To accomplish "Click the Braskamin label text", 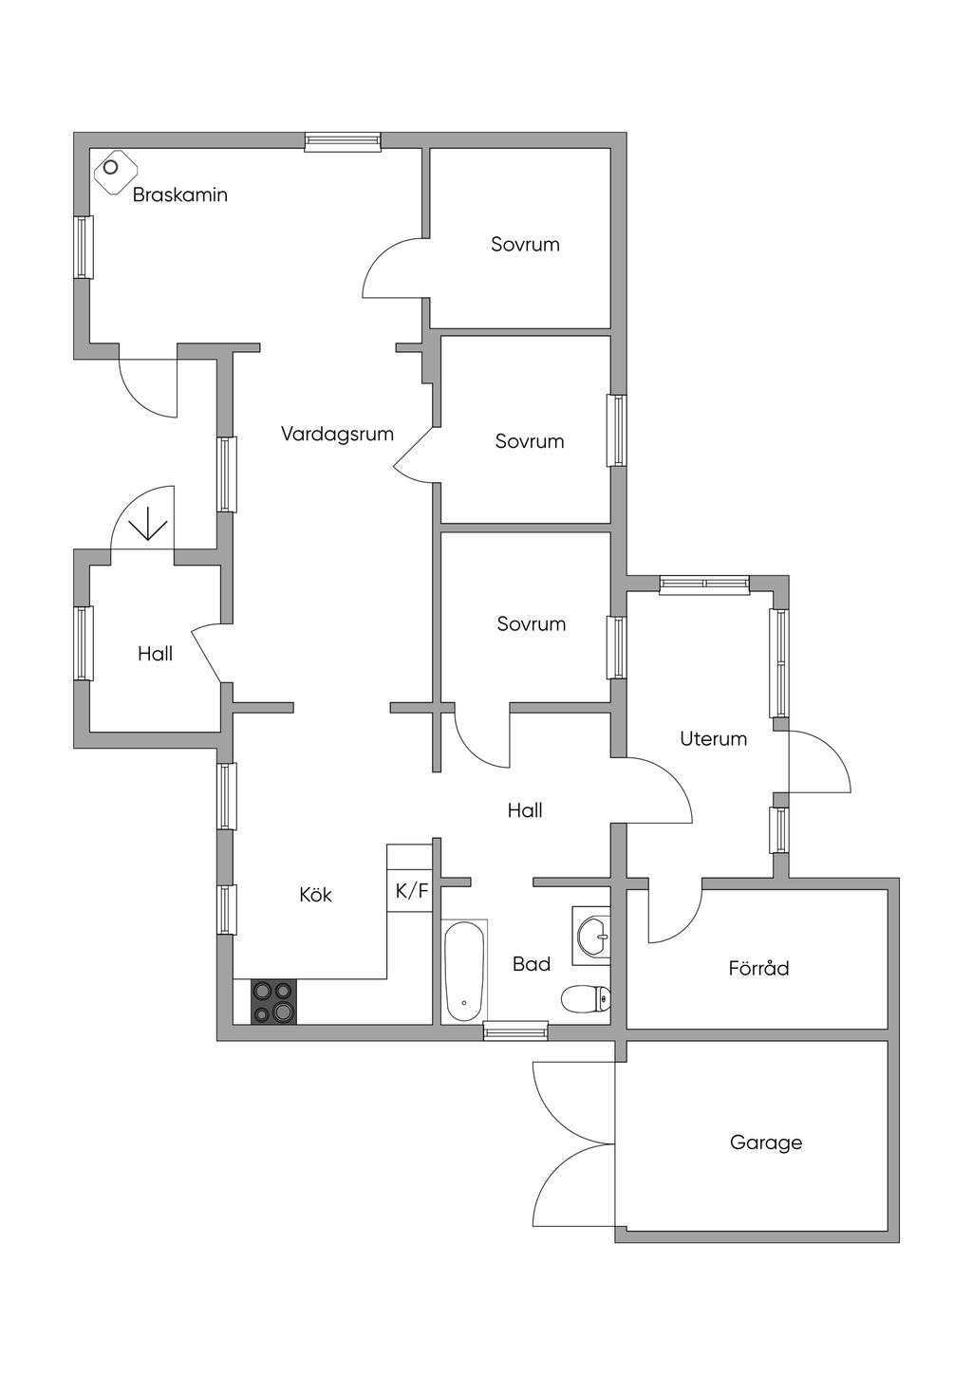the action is [179, 195].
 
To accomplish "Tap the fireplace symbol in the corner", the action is [113, 170].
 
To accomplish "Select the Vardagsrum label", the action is [337, 435].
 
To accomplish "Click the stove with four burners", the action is [273, 1002].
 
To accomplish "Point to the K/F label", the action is [412, 891].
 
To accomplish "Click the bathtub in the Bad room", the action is [464, 970].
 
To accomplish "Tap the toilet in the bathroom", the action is [586, 998].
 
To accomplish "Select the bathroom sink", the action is [593, 934].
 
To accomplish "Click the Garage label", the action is [765, 1142].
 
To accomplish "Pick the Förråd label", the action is [758, 969].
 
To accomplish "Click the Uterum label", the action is [713, 738].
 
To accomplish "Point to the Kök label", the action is [315, 895].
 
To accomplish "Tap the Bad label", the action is [532, 964].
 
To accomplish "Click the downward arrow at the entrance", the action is [148, 524].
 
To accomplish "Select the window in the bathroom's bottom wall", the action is [515, 1030].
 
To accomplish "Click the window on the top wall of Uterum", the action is [704, 585].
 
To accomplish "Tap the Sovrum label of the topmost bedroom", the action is [525, 245].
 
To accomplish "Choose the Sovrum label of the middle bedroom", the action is [530, 441].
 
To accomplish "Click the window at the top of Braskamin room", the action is [343, 142].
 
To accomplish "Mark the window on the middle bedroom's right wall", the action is [617, 430].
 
